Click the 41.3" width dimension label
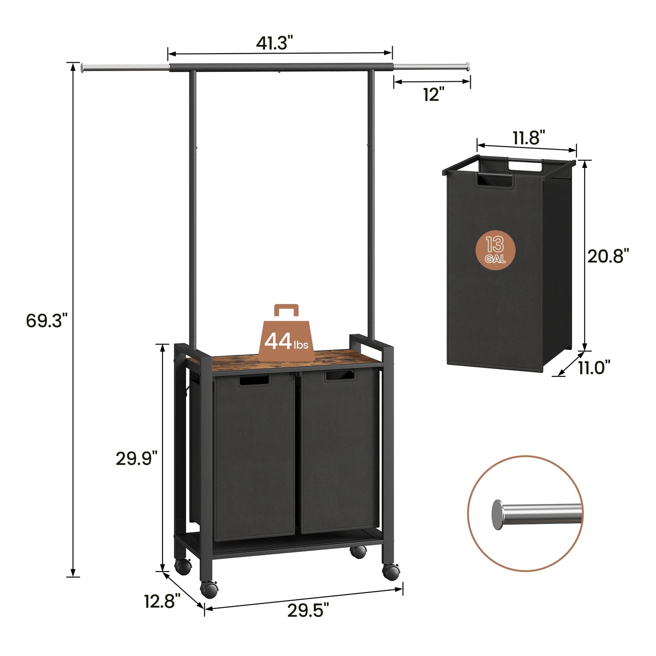coord(274,43)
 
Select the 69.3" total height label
coord(46,321)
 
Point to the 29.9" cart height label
coord(136,459)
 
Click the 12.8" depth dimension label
coord(162,602)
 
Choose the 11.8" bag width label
coord(528,138)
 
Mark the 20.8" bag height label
coord(608,256)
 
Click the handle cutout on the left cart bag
coord(253,380)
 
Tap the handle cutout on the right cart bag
coord(339,375)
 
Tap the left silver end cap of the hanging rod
coord(83,68)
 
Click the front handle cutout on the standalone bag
coord(494,180)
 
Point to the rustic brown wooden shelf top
coord(291,361)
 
